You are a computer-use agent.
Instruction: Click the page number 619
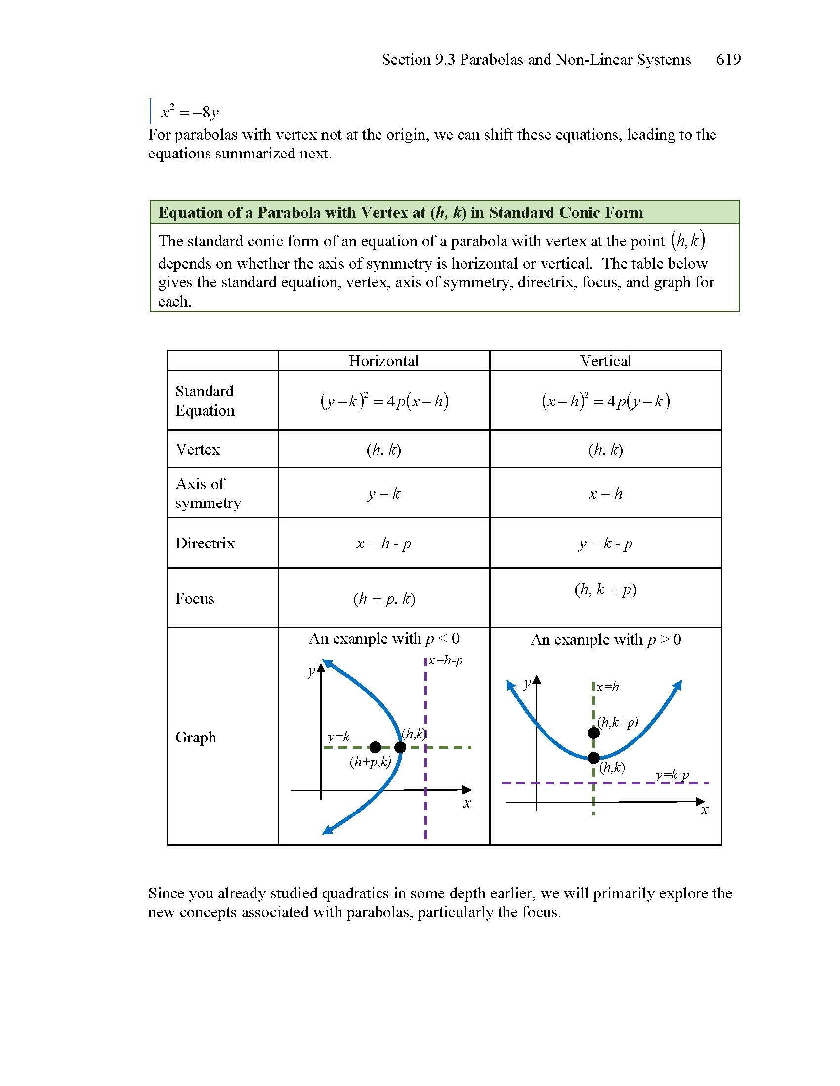click(x=728, y=60)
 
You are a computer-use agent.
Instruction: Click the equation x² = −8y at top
click(x=190, y=113)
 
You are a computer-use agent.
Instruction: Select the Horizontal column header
click(x=383, y=361)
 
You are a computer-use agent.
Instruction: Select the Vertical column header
click(x=605, y=361)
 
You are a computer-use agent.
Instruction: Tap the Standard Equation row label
click(x=205, y=401)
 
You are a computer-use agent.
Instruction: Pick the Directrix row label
click(x=205, y=543)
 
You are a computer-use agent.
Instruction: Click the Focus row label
click(x=195, y=598)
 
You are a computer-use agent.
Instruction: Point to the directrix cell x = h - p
click(x=383, y=543)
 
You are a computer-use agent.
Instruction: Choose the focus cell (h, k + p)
click(x=605, y=590)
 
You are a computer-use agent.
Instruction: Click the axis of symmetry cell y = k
click(x=383, y=494)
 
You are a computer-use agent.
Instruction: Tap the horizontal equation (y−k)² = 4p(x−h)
click(x=383, y=401)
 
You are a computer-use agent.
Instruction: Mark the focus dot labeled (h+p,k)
click(x=375, y=747)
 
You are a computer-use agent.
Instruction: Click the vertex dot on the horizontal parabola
click(x=400, y=747)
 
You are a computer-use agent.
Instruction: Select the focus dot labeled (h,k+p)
click(x=593, y=733)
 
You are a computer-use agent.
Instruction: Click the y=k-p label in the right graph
click(x=672, y=775)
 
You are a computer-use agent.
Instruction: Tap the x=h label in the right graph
click(x=608, y=687)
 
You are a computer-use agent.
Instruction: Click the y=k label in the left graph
click(x=338, y=737)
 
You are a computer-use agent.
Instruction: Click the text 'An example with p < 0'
click(x=383, y=639)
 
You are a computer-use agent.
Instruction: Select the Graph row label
click(x=196, y=737)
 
